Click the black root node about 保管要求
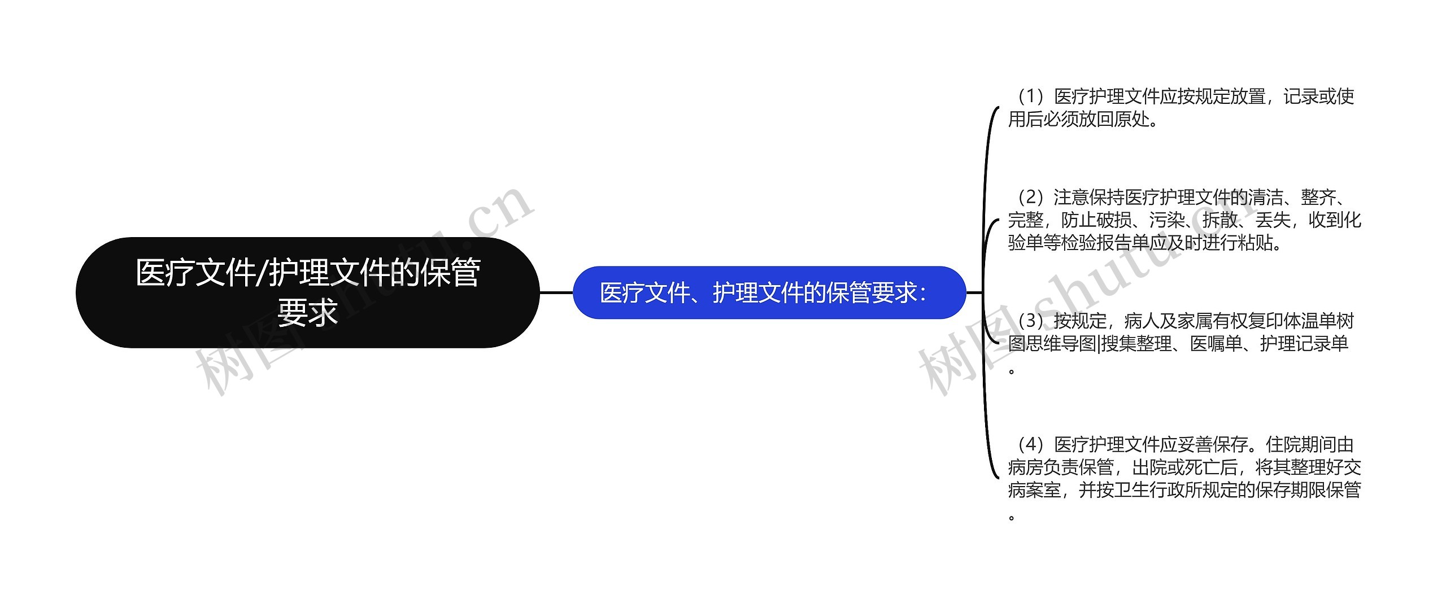pyautogui.click(x=307, y=292)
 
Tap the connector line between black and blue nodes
pyautogui.click(x=556, y=292)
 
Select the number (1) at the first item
pyautogui.click(x=1031, y=97)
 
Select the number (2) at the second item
pyautogui.click(x=1031, y=197)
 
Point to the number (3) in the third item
pyautogui.click(x=1031, y=321)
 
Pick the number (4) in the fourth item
pyautogui.click(x=1031, y=444)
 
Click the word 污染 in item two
pyautogui.click(x=1166, y=220)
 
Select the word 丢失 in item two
pyautogui.click(x=1273, y=220)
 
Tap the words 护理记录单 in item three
pyautogui.click(x=1304, y=343)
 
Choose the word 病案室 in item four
pyautogui.click(x=1034, y=489)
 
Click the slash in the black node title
pyautogui.click(x=262, y=273)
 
